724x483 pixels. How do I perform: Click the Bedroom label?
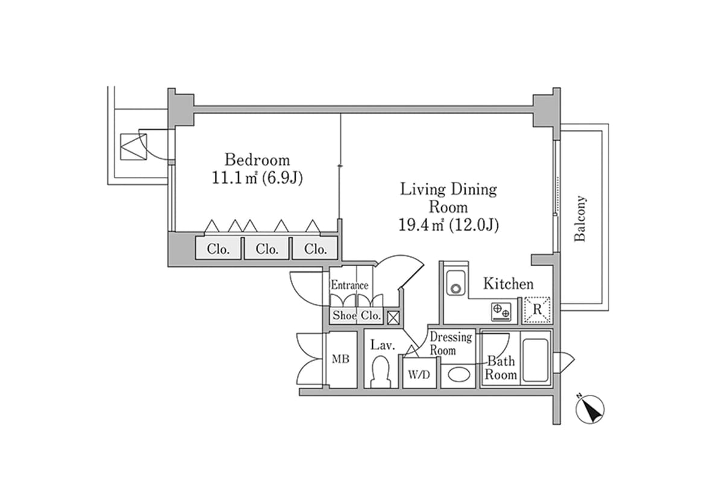(x=257, y=160)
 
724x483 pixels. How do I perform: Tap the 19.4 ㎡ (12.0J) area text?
(x=449, y=226)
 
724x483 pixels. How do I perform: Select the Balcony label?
(x=580, y=219)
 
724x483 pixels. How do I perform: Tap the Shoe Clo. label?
(x=357, y=315)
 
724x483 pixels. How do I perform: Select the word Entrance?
(x=349, y=286)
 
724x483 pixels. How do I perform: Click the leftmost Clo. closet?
(x=218, y=249)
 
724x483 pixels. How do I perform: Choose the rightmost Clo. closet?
(x=316, y=249)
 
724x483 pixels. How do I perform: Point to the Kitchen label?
(x=509, y=284)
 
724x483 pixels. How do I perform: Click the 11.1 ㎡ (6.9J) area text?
(x=257, y=179)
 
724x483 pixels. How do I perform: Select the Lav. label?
(x=383, y=346)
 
